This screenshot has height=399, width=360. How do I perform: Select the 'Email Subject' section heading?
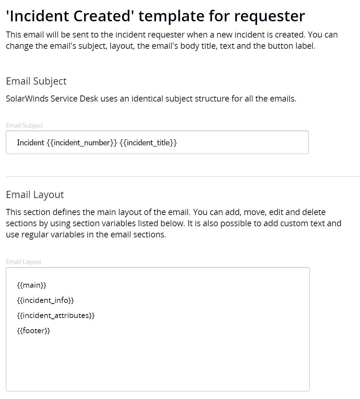click(x=36, y=81)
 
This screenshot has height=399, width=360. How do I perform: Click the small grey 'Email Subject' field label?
click(x=24, y=125)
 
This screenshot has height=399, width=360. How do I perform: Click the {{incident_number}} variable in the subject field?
click(x=82, y=143)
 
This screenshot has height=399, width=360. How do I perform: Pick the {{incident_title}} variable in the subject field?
click(x=148, y=143)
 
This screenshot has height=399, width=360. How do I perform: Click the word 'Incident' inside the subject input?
click(x=30, y=143)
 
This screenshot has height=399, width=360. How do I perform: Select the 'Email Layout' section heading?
click(x=35, y=195)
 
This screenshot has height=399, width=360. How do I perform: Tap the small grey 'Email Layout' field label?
click(x=23, y=262)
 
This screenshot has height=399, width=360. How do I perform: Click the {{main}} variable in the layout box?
click(x=31, y=285)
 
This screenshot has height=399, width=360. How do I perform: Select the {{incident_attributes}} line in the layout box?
click(x=56, y=316)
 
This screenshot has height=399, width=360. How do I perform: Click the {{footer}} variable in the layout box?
click(x=33, y=331)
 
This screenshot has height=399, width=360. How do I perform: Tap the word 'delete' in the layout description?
click(x=313, y=212)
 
